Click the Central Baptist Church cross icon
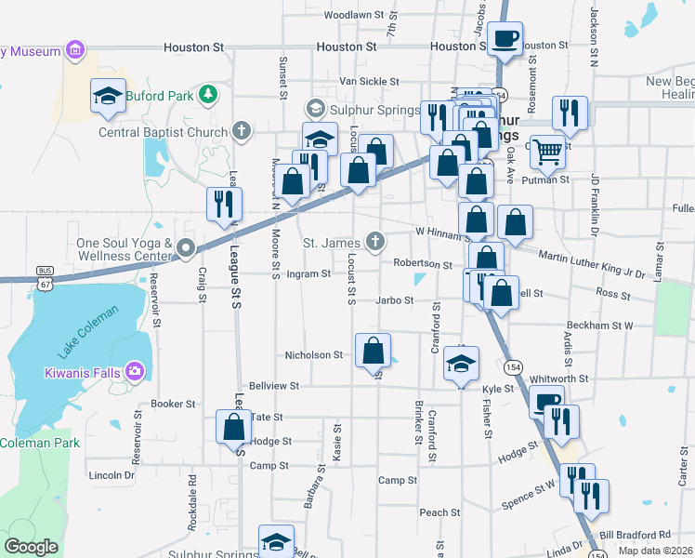(242, 130)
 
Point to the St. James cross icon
(374, 243)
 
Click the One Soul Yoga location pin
(185, 247)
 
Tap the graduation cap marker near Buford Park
(108, 95)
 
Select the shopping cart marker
(548, 150)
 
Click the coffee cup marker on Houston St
(505, 40)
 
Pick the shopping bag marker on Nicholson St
(373, 351)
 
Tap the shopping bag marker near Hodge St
(233, 427)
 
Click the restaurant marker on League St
(224, 204)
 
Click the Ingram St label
(308, 274)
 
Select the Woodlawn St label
(354, 15)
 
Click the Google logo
(31, 547)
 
